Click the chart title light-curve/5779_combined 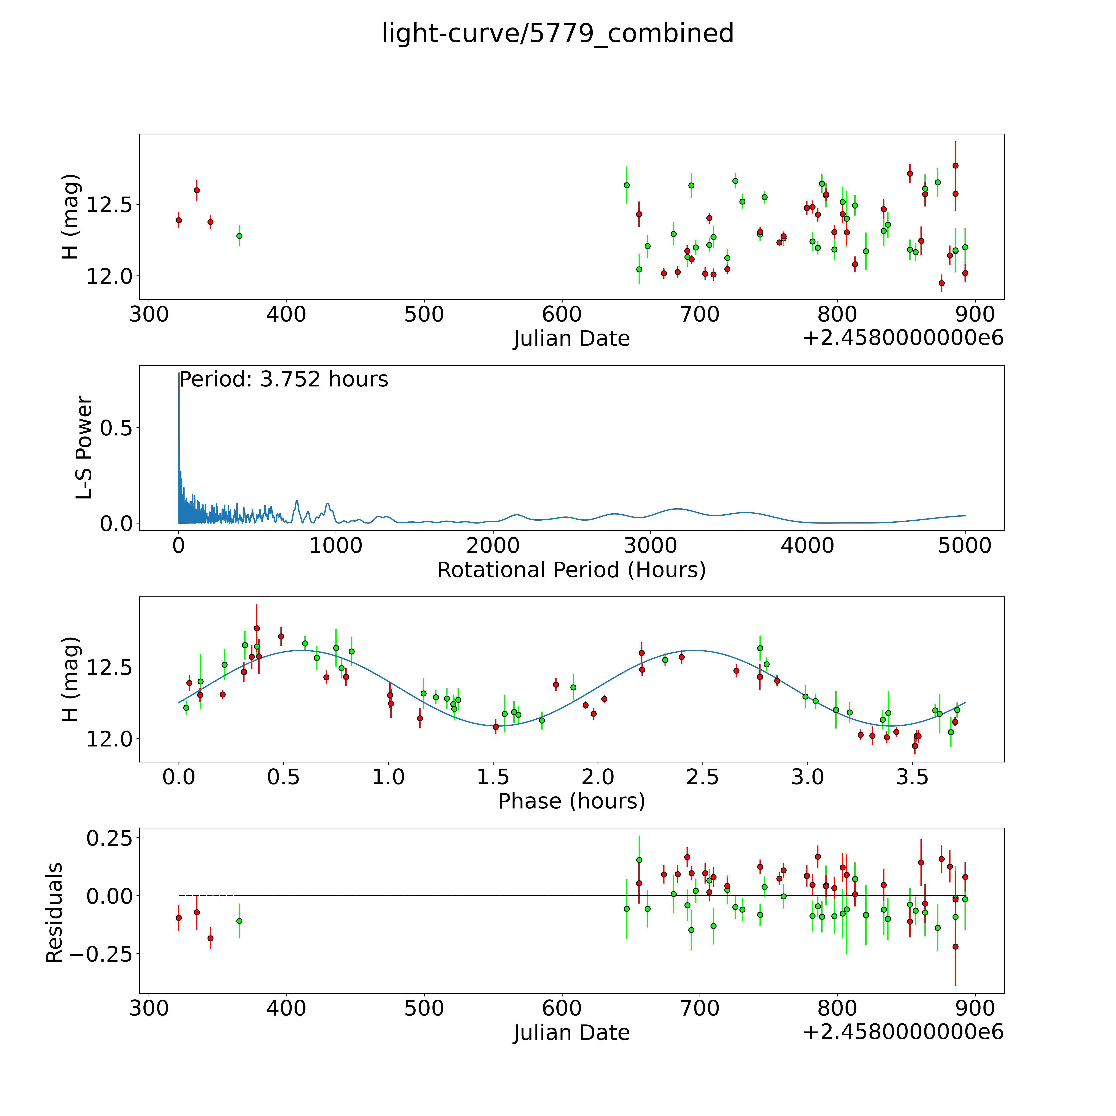pos(557,33)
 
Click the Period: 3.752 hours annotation pos(283,379)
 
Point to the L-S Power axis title pos(84,448)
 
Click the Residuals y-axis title pos(54,913)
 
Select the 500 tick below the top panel pos(424,315)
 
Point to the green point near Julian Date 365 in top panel pos(239,236)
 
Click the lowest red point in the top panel pos(942,283)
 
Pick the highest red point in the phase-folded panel pos(256,628)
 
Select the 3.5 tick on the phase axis pos(912,777)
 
